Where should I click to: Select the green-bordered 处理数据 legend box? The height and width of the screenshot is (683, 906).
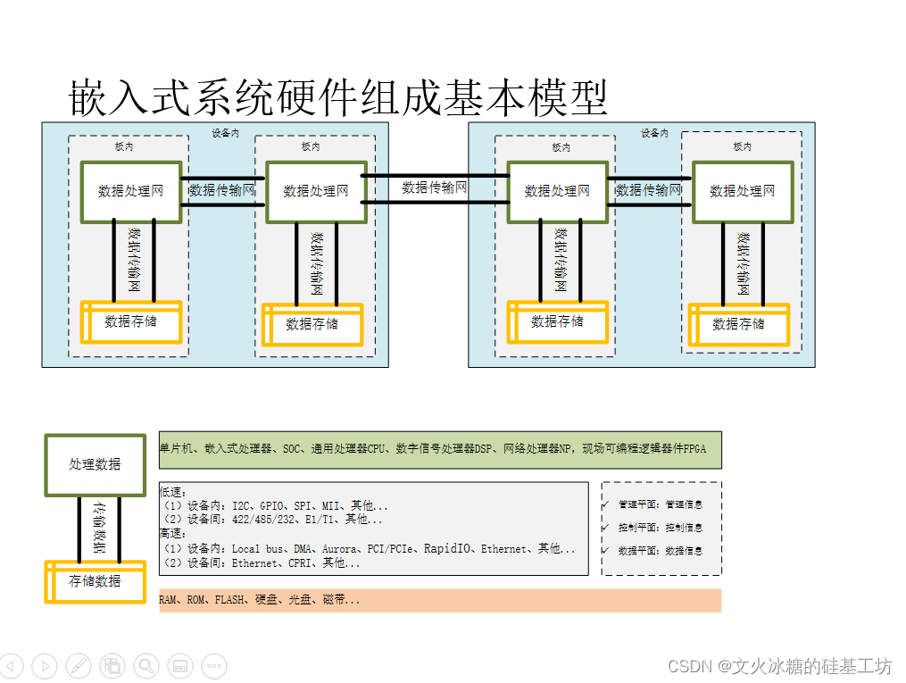95,464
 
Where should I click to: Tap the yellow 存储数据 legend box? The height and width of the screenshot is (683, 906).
95,582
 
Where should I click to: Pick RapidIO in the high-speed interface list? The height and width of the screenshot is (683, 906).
448,549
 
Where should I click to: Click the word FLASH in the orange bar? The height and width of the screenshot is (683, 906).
228,600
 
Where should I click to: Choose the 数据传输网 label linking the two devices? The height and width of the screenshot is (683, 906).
434,187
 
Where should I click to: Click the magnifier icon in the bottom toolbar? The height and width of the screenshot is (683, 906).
146,665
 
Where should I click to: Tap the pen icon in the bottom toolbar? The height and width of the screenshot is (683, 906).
79,665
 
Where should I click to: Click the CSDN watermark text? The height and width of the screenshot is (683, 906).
780,667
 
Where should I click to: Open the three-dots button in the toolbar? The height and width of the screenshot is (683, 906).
213,665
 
